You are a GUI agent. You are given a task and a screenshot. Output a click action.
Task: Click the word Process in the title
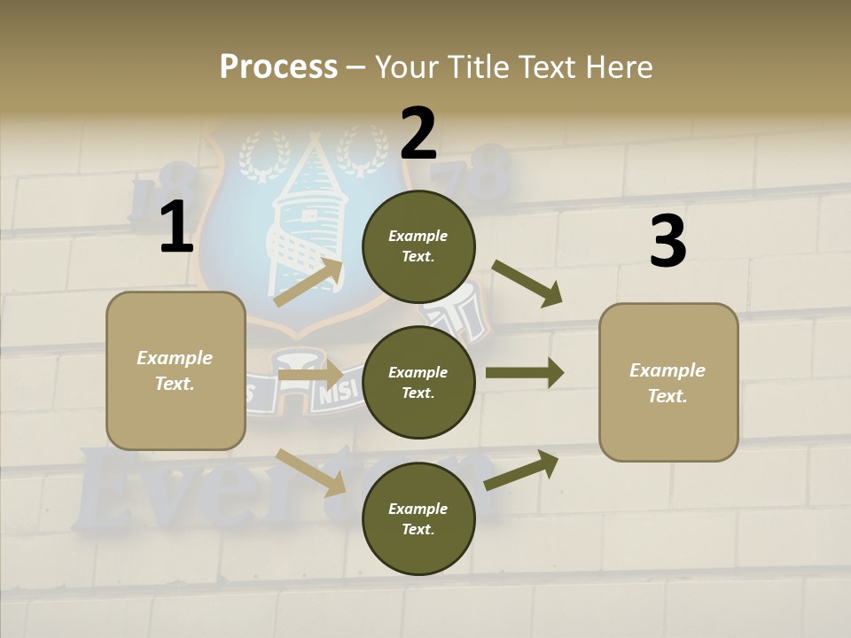coord(278,66)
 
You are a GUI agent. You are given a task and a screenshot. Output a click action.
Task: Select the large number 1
coord(176,228)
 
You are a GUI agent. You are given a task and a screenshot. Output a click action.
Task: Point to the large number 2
coord(418,134)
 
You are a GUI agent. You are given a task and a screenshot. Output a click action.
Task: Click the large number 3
coord(668,242)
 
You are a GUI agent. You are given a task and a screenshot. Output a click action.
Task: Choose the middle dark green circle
coord(418,383)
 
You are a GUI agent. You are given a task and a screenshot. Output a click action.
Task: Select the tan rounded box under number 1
coord(176,370)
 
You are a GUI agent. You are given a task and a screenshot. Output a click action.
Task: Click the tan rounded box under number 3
coord(668,383)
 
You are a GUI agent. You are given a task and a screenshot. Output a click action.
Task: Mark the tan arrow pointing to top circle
coord(308,283)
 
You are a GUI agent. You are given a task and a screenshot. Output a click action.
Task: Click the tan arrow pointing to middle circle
coord(310,375)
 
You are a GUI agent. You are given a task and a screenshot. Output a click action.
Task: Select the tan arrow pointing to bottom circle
coord(311,471)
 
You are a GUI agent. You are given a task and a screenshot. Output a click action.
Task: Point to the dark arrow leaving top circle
coord(527,284)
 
